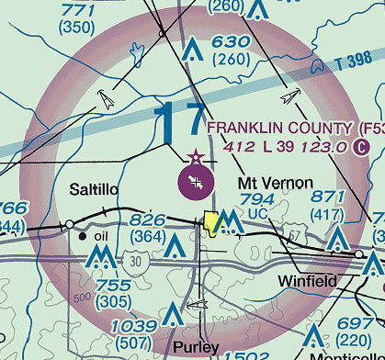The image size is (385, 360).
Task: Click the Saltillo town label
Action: pyautogui.click(x=95, y=189)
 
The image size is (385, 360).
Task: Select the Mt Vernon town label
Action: pyautogui.click(x=275, y=183)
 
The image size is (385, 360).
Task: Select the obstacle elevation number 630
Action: pyautogui.click(x=230, y=42)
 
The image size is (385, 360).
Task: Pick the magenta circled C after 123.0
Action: pyautogui.click(x=361, y=145)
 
